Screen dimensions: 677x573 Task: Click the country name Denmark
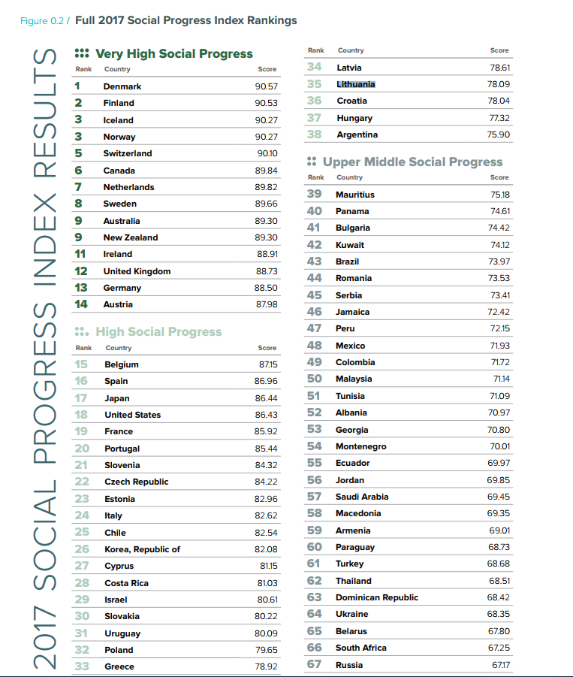122,86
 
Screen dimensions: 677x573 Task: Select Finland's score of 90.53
266,103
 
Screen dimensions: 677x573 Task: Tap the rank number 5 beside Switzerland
78,153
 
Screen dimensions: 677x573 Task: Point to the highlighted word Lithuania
356,84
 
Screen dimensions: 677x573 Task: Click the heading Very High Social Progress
173,54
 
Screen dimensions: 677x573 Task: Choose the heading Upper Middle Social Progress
412,162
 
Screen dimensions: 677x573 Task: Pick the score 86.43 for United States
266,415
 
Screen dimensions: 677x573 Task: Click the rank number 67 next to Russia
314,665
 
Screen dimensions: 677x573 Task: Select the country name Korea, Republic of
142,549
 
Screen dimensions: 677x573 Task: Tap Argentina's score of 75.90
499,134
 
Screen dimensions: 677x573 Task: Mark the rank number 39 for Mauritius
314,195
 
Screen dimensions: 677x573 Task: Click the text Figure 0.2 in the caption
42,20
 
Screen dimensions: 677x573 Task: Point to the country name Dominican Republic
377,597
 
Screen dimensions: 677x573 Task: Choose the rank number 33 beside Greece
82,666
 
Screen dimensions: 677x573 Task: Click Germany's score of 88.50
266,288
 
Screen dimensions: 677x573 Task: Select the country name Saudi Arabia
361,497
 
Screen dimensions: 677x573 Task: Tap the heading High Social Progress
158,332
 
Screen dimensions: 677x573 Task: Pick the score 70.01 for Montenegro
499,446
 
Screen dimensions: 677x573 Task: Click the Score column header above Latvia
499,50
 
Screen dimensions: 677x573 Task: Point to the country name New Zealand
131,237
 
